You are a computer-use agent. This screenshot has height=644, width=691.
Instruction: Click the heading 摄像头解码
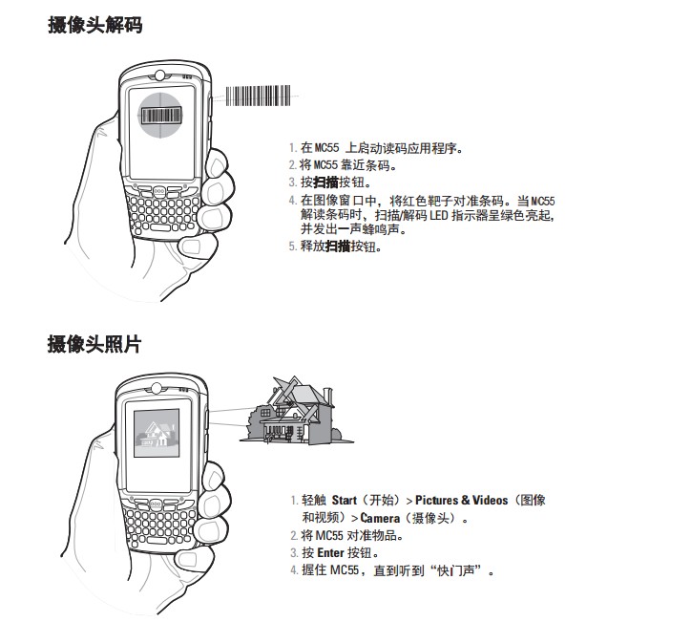coord(94,27)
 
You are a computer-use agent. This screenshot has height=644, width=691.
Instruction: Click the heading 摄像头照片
coord(94,345)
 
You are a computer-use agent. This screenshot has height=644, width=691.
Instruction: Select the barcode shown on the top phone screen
coord(163,117)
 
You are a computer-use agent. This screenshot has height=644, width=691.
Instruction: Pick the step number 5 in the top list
coord(292,247)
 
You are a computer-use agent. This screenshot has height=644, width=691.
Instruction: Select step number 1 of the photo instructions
coord(293,501)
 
